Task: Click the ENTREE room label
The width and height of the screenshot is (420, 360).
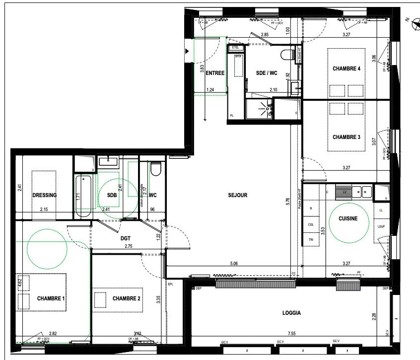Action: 215,73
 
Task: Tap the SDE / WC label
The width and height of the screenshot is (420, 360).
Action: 266,73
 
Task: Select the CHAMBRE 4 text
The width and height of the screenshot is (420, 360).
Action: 346,69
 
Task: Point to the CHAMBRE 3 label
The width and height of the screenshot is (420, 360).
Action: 346,137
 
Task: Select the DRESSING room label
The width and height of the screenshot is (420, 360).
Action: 44,195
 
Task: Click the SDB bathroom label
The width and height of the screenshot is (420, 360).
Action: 111,195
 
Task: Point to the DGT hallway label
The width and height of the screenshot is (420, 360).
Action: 126,238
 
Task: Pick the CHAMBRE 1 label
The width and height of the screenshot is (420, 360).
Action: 52,298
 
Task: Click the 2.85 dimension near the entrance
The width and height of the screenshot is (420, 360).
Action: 265,35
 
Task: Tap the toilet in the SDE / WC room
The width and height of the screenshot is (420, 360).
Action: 286,54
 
